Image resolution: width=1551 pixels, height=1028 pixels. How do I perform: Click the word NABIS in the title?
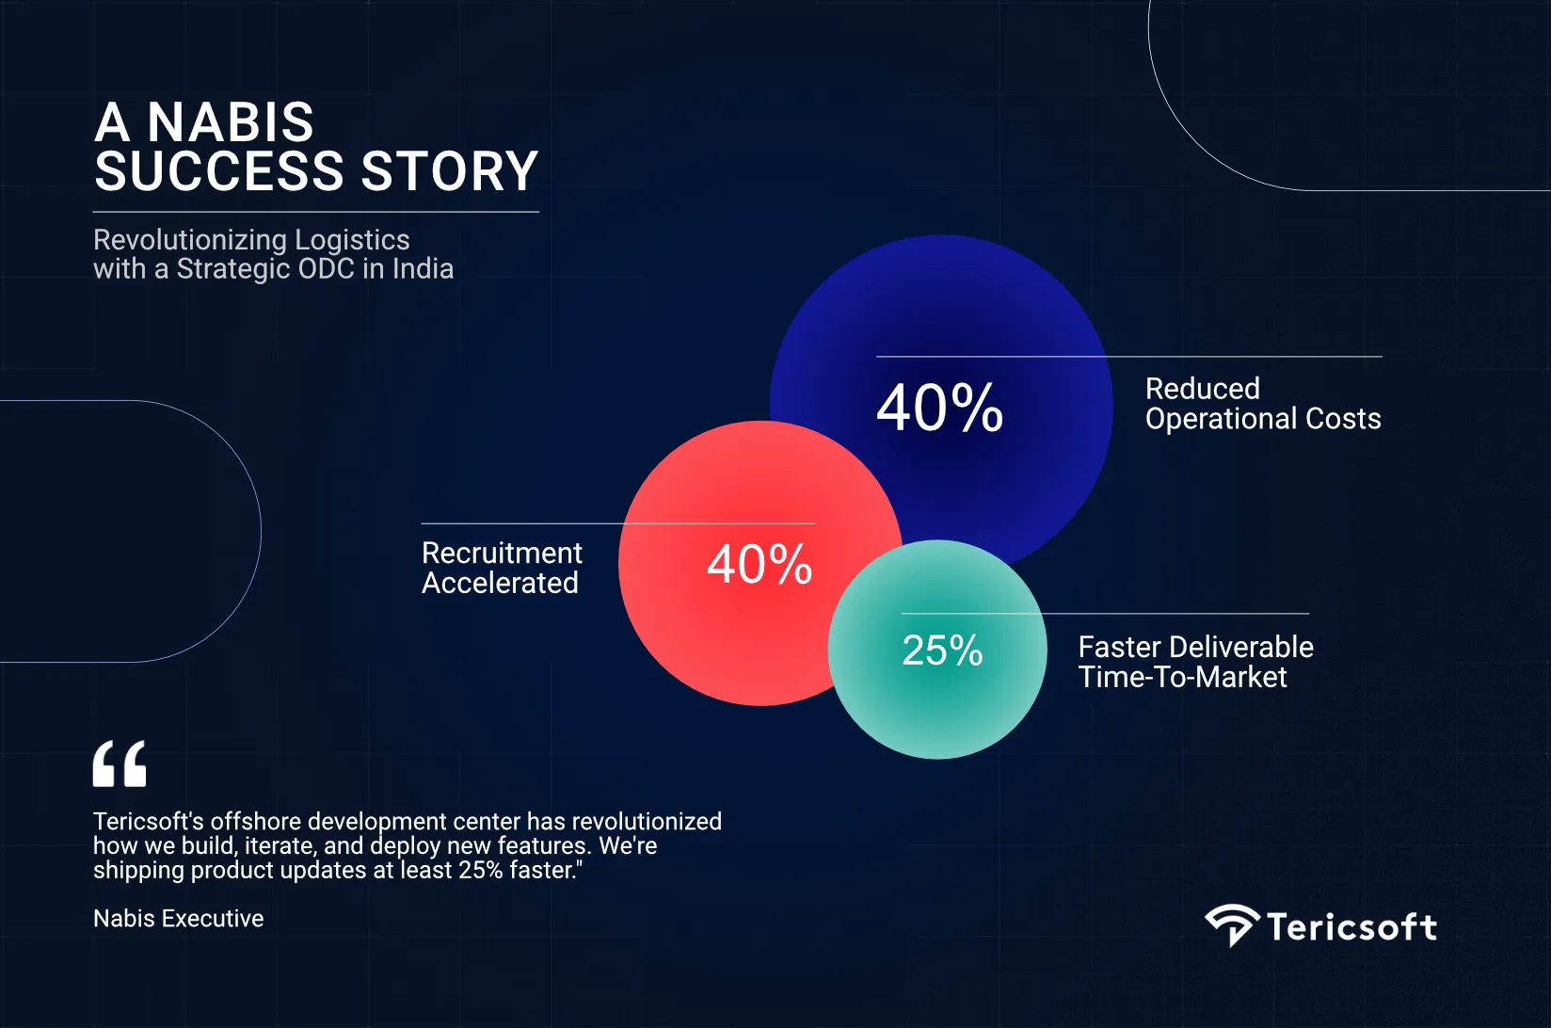pyautogui.click(x=231, y=122)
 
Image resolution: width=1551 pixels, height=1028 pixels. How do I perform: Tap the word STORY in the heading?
pyautogui.click(x=449, y=171)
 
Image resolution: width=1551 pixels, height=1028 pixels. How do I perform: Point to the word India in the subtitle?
pyautogui.click(x=423, y=269)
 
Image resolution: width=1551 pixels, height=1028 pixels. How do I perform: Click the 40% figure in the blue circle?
pyautogui.click(x=939, y=408)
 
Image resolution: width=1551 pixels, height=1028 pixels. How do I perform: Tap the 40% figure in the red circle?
pyautogui.click(x=760, y=565)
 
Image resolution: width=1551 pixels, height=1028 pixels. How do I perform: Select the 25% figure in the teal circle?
pyautogui.click(x=942, y=651)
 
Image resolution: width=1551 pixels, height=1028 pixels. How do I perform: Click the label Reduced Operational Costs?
pyautogui.click(x=1262, y=404)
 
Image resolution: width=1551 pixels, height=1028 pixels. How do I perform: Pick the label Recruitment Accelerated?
pyautogui.click(x=502, y=568)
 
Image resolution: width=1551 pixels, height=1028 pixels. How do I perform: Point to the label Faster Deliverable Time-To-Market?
pyautogui.click(x=1195, y=662)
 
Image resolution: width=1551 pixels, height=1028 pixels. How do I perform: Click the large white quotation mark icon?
pyautogui.click(x=120, y=763)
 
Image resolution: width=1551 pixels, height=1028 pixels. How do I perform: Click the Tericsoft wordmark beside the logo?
pyautogui.click(x=1351, y=927)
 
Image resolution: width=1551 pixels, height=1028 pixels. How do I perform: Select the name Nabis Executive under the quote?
pyautogui.click(x=179, y=919)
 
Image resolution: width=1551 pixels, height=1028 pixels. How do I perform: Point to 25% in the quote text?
pyautogui.click(x=480, y=871)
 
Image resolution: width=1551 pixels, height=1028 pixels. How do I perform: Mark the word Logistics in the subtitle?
pyautogui.click(x=352, y=240)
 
